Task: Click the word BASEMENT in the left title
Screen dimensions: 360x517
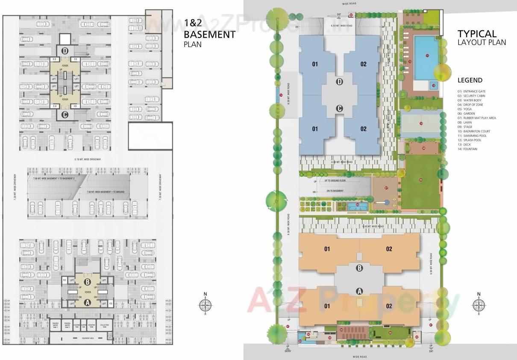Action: tap(209, 35)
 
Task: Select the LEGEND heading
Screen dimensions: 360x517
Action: tap(470, 80)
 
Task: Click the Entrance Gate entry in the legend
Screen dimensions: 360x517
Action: tap(473, 91)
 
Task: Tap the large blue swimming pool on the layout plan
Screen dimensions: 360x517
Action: tap(426, 57)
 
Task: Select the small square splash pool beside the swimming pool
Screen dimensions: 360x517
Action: tap(433, 85)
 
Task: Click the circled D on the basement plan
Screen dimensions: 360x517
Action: tap(65, 51)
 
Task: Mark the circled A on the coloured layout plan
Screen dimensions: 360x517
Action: tap(359, 291)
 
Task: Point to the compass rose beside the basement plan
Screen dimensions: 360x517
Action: tap(206, 304)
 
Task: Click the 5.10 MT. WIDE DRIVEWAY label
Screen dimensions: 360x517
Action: tap(88, 159)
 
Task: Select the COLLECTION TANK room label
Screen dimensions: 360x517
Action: tap(104, 325)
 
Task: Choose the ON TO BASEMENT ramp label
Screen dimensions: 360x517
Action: tap(335, 191)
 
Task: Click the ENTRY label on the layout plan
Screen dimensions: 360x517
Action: tap(288, 351)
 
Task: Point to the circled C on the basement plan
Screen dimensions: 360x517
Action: tap(65, 114)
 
